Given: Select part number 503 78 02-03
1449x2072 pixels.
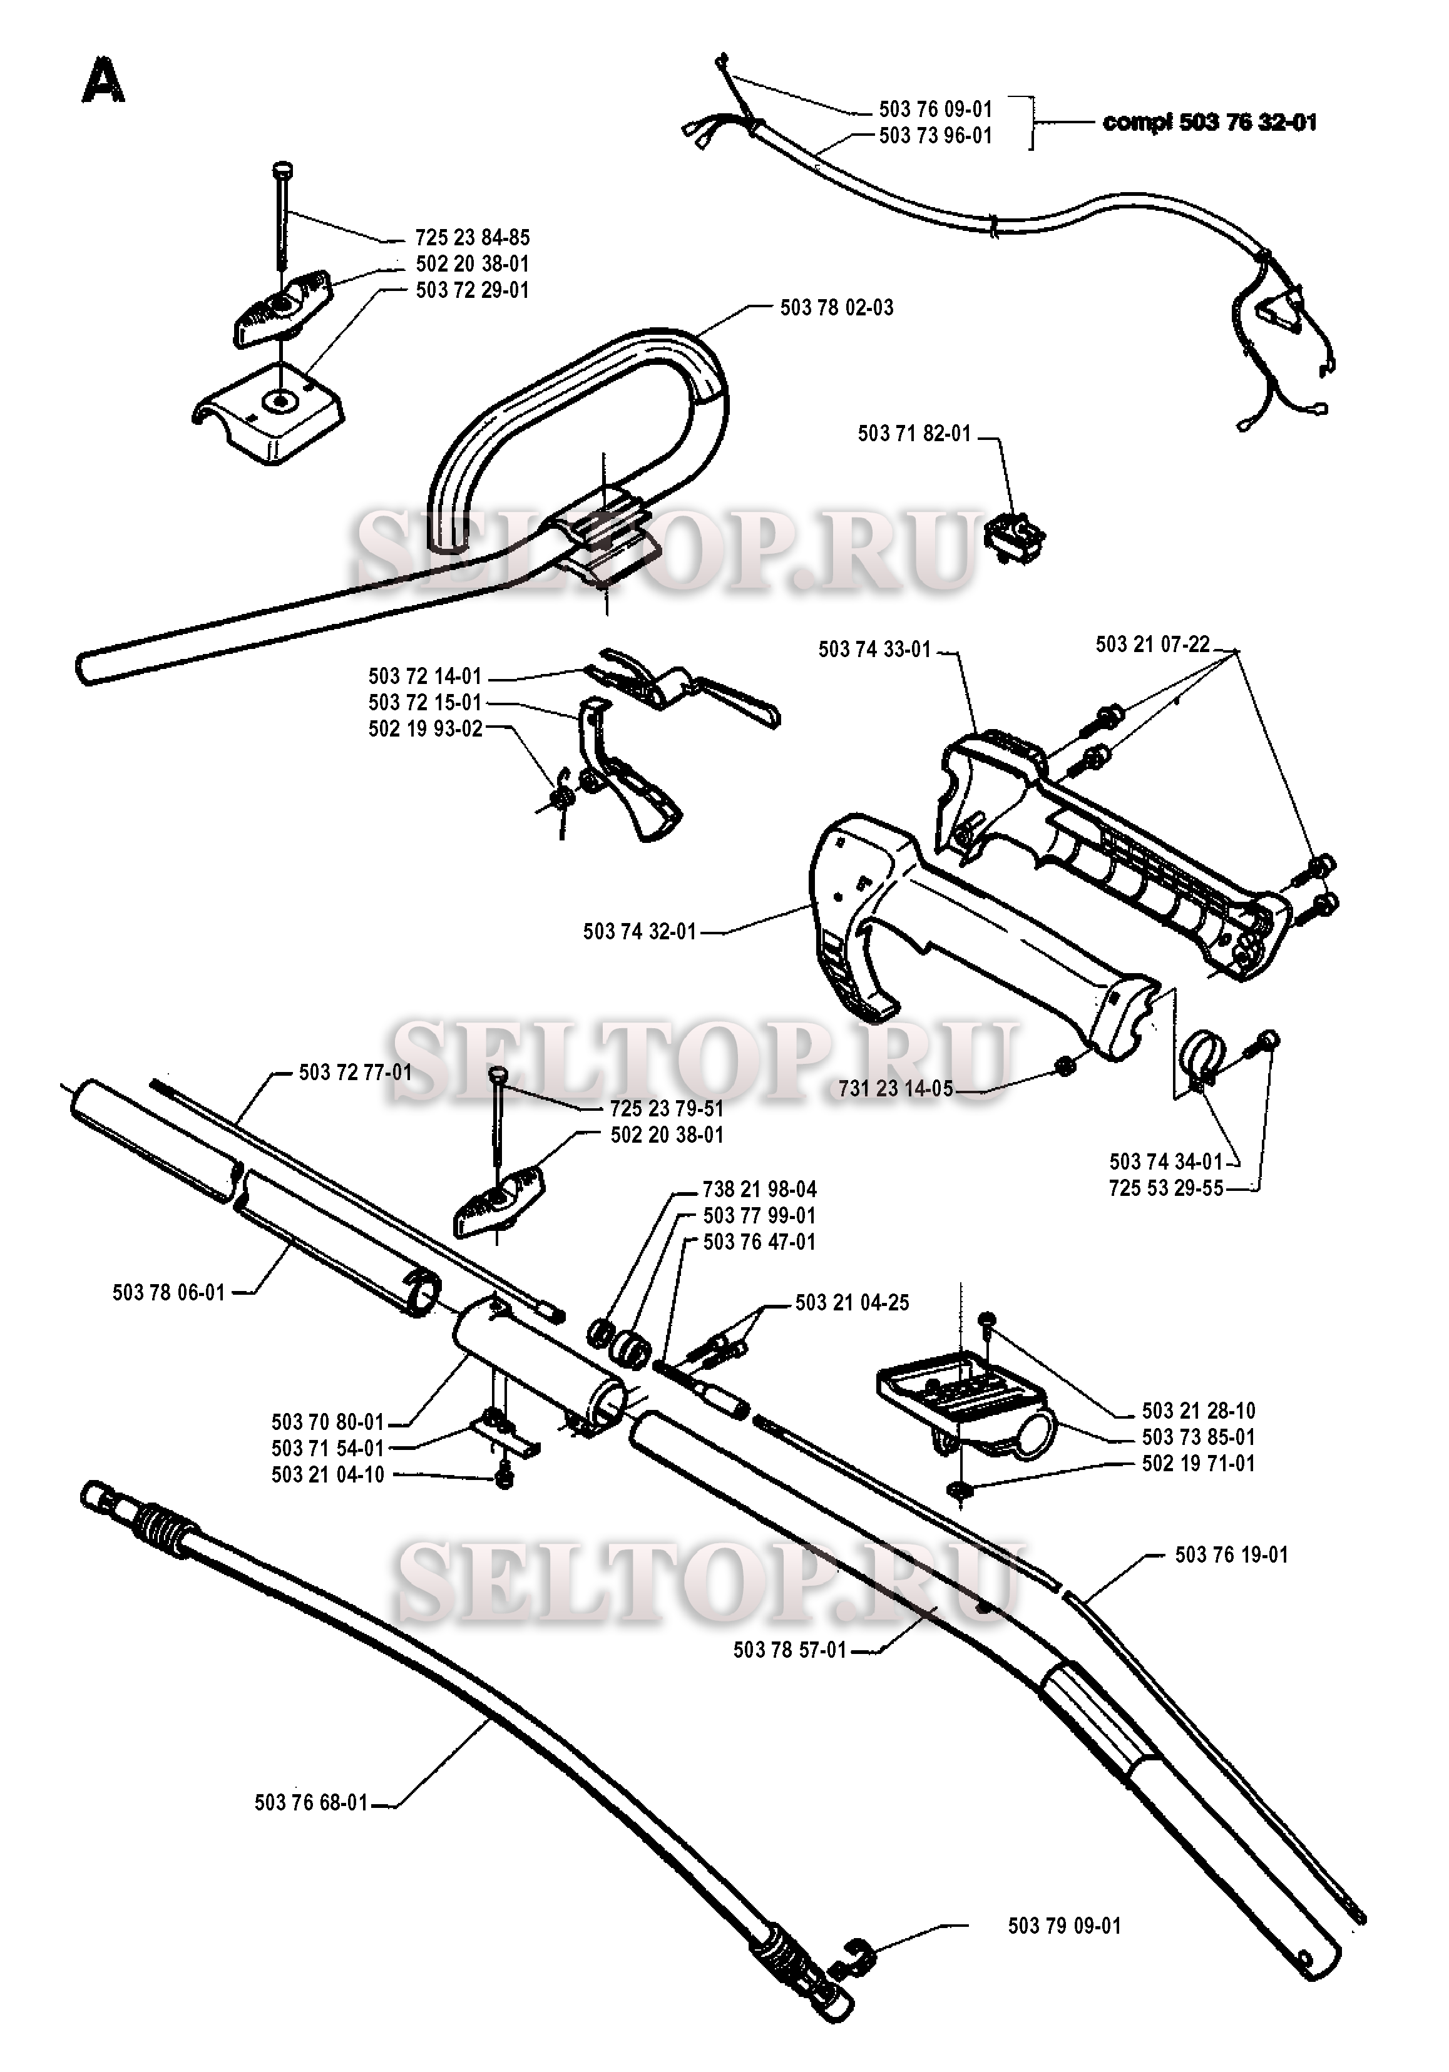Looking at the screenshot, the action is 836,308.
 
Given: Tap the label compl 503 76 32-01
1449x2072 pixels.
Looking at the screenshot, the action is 1210,122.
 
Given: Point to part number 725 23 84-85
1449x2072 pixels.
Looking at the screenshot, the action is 472,237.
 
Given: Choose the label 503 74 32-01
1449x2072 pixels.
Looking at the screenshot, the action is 640,931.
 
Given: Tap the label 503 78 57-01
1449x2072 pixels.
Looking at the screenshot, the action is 790,1650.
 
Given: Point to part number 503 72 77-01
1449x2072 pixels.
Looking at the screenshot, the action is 355,1072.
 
